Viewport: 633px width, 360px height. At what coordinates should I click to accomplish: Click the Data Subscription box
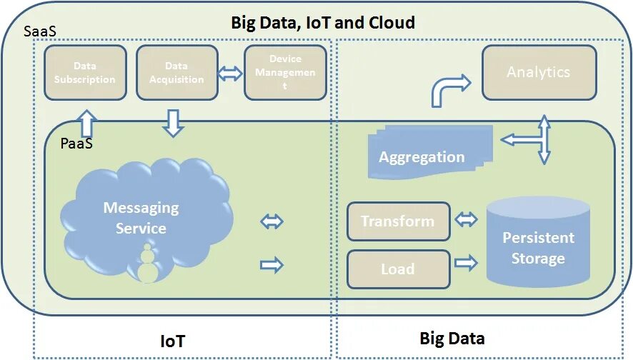84,73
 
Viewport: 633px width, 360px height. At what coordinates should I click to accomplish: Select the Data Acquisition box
176,73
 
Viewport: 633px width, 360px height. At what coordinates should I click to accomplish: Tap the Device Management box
285,73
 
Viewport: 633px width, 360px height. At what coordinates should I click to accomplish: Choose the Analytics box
539,73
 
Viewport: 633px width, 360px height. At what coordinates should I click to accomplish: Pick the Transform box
398,221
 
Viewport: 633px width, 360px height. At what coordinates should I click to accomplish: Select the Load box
398,269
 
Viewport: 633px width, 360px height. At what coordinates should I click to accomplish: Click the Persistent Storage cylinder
538,243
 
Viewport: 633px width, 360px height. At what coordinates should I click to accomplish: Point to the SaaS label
41,33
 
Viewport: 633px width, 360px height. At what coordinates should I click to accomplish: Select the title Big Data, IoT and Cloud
322,23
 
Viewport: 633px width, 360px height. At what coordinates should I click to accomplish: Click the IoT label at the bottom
172,341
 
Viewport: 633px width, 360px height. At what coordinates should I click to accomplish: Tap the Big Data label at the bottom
452,338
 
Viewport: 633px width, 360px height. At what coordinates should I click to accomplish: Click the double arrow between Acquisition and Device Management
231,73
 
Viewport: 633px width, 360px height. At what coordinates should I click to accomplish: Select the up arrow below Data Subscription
86,123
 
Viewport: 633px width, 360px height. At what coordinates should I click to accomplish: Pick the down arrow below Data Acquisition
173,122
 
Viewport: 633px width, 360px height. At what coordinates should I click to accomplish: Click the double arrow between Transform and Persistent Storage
467,219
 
